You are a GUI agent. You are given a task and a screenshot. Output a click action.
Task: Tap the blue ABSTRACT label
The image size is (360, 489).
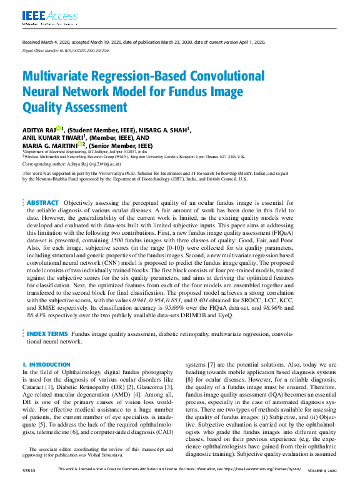pyautogui.click(x=42, y=202)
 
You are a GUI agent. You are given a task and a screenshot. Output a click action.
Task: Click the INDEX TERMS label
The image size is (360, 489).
pyautogui.click(x=47, y=335)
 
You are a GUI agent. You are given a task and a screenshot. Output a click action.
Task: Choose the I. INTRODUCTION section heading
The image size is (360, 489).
pyautogui.click(x=46, y=364)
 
